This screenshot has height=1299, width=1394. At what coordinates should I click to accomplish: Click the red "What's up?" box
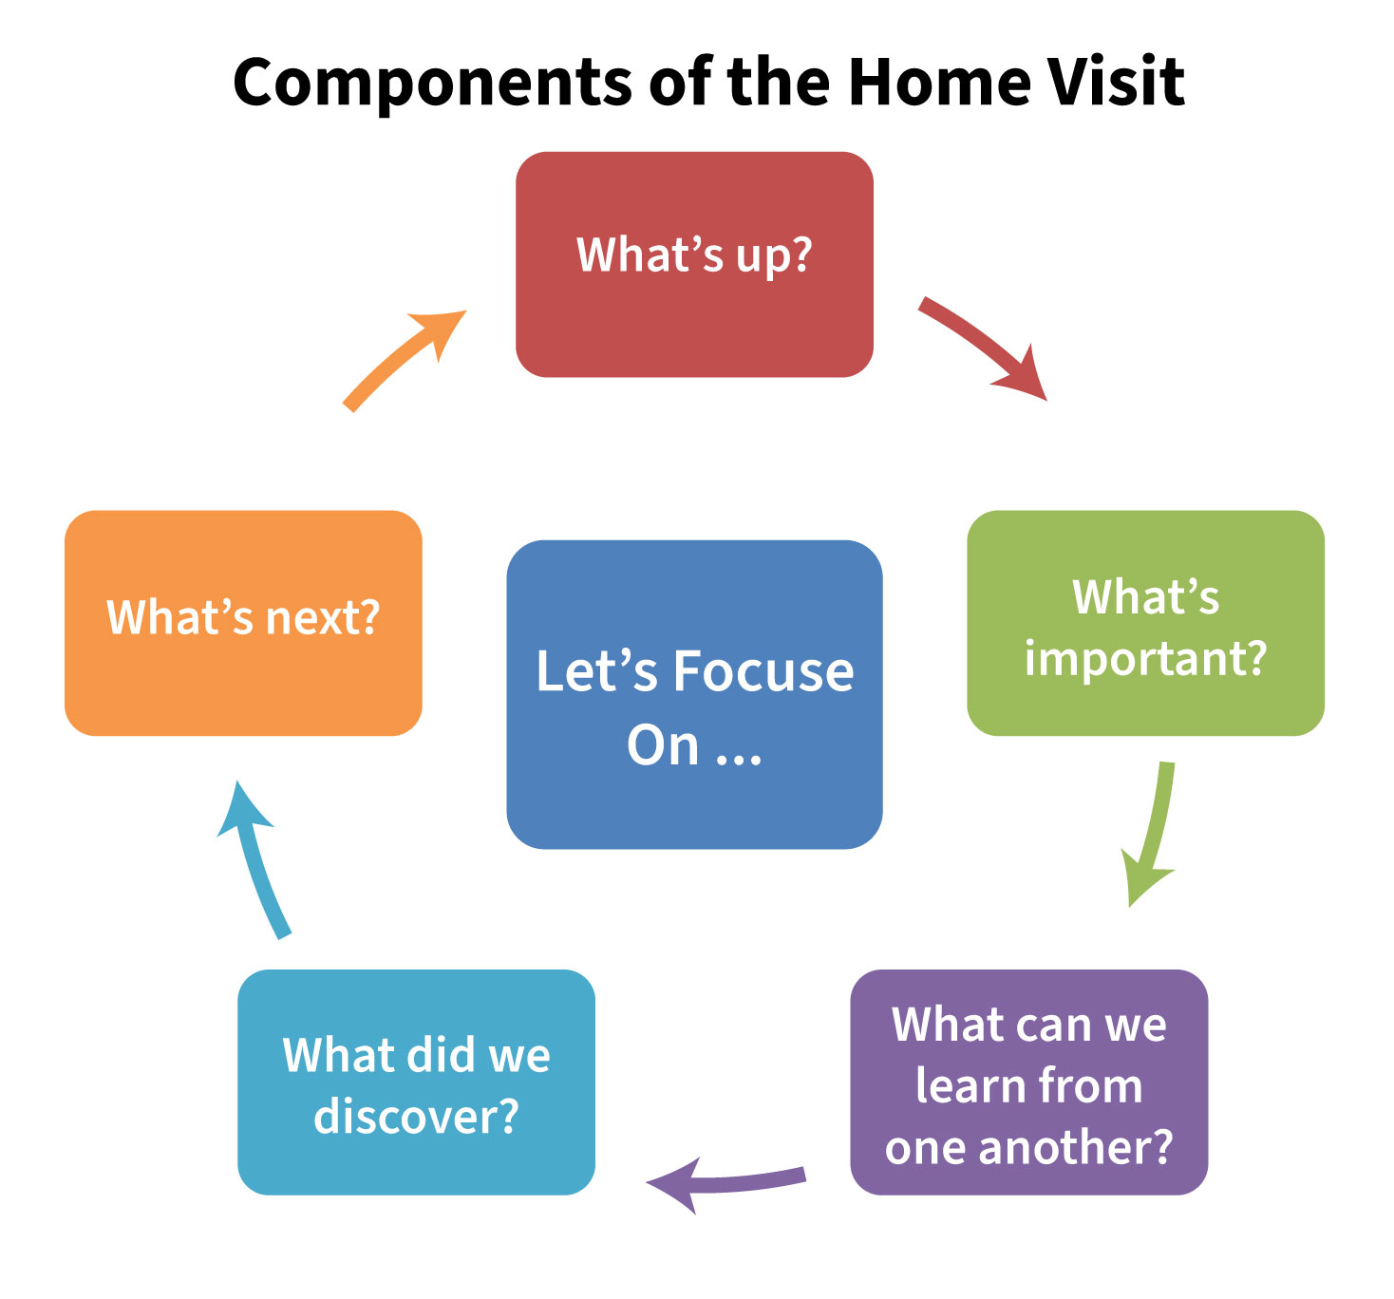click(x=694, y=313)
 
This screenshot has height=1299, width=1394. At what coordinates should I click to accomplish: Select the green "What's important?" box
click(x=1145, y=703)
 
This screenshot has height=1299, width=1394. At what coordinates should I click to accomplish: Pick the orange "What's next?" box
click(x=243, y=684)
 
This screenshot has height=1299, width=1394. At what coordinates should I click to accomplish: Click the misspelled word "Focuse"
click(x=763, y=671)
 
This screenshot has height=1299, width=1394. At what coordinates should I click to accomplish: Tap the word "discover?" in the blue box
click(x=416, y=1116)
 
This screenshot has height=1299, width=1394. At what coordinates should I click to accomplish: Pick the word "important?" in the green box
click(x=1145, y=658)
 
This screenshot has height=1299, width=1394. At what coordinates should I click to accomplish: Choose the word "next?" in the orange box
click(x=323, y=618)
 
